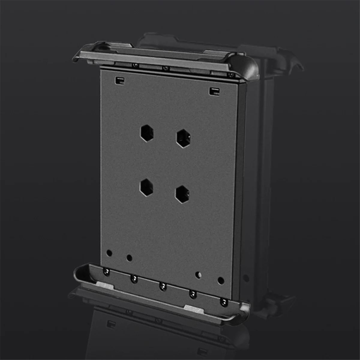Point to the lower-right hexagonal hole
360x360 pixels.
[182, 194]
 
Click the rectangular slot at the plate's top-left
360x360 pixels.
[119, 80]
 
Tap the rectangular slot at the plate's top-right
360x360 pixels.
[214, 91]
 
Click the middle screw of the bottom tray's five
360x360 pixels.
[163, 287]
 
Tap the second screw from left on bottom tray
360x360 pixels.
[134, 279]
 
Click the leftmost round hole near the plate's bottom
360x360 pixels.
[109, 253]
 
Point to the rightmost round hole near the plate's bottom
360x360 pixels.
[221, 281]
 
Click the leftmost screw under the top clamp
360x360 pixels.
[136, 65]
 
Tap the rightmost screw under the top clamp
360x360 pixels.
[230, 74]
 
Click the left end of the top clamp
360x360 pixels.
[79, 55]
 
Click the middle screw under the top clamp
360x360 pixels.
[164, 68]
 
